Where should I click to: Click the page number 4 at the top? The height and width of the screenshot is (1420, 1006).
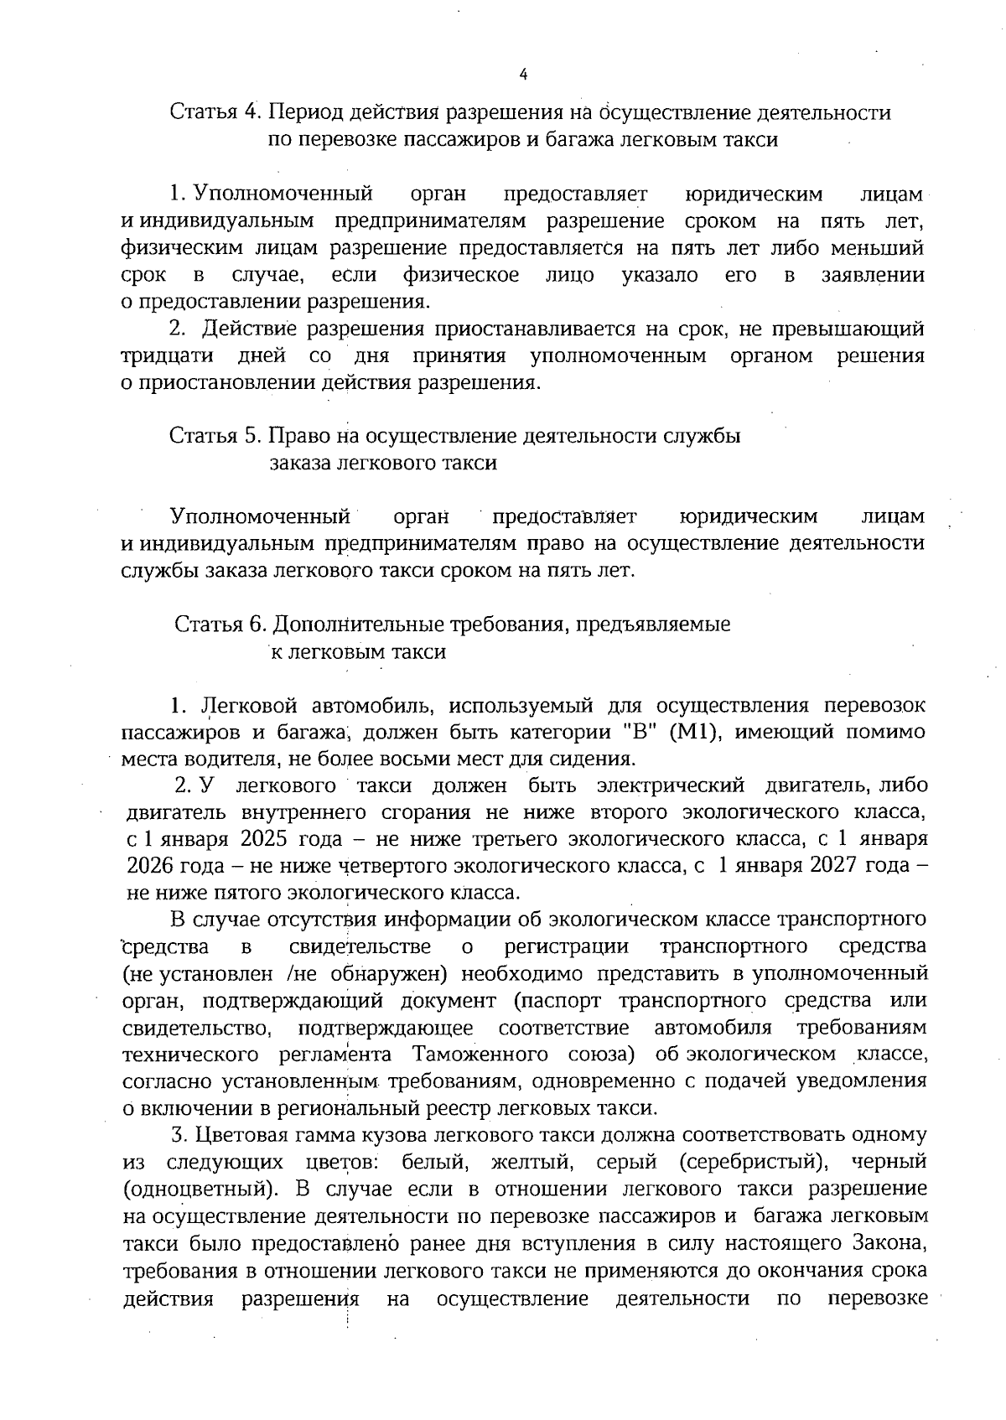(523, 74)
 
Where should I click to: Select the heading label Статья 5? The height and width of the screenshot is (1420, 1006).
(216, 436)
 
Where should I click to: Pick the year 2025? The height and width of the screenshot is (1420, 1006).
(264, 839)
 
